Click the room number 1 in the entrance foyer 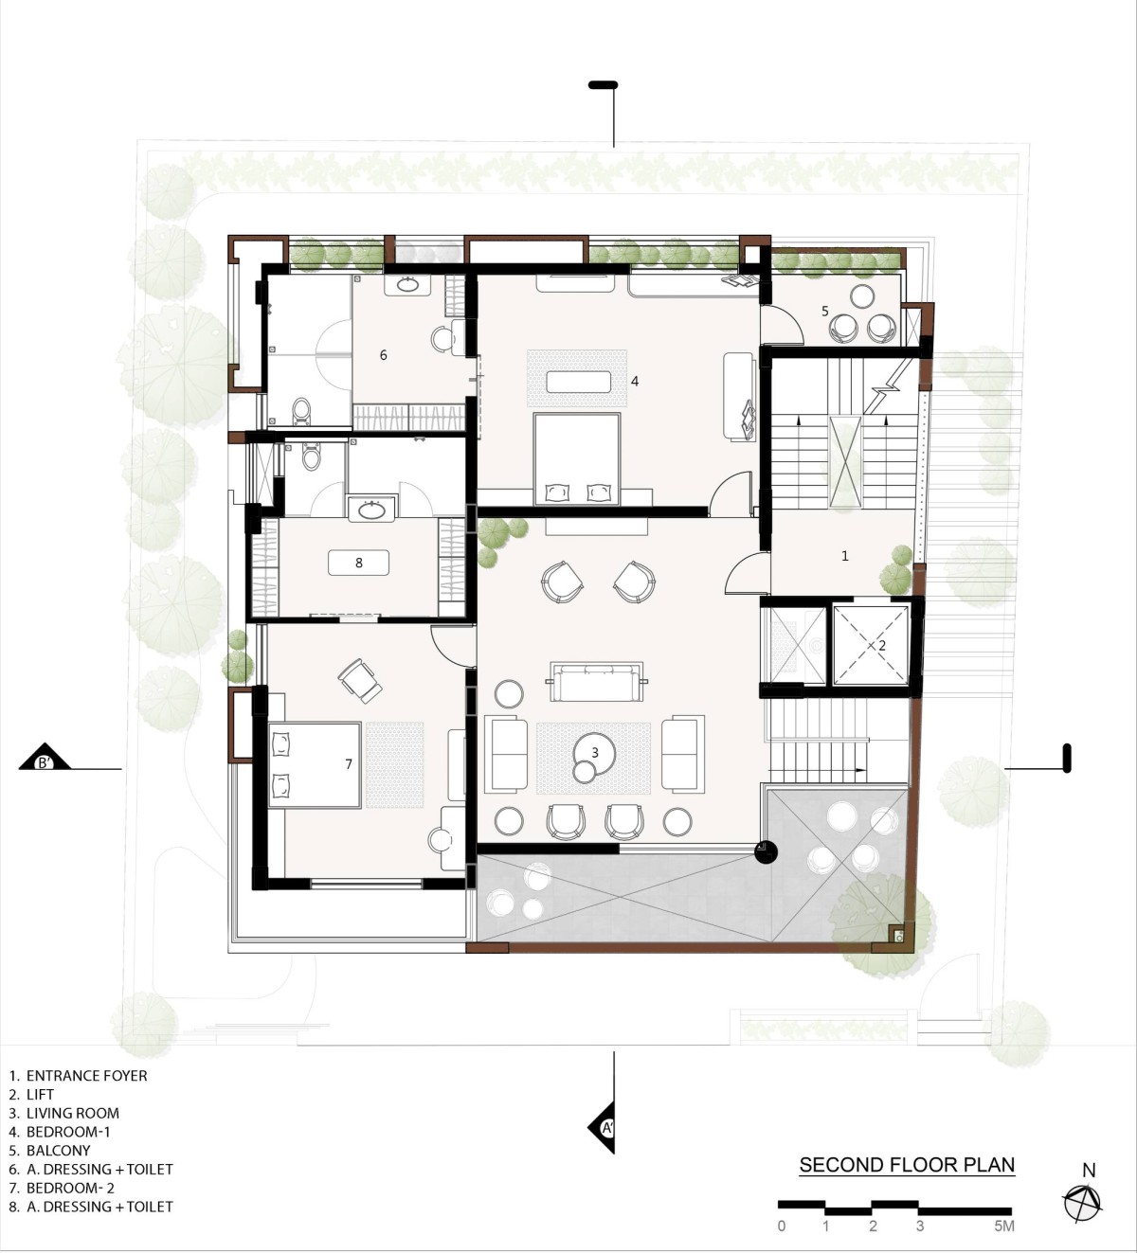coord(845,556)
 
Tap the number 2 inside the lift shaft coord(882,645)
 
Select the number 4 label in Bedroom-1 coord(635,381)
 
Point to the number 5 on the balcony coord(824,311)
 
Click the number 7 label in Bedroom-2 coord(349,764)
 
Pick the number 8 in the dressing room coord(359,563)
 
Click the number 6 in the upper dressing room coord(383,355)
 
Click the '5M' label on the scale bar coord(1003,1226)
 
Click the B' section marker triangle coord(45,756)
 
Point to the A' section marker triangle coord(602,1127)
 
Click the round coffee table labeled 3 coord(594,754)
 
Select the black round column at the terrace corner coord(766,852)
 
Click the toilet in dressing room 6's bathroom coord(301,411)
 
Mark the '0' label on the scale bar coord(782,1226)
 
